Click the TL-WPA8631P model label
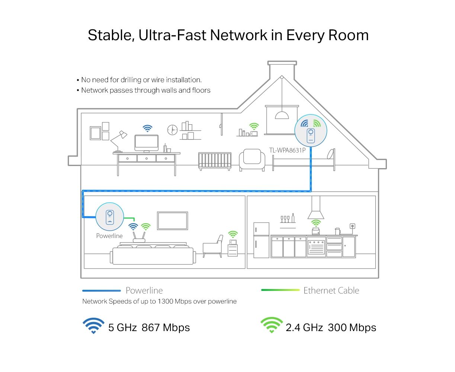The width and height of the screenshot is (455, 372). [x=287, y=150]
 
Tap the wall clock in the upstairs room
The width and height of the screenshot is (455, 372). [x=172, y=130]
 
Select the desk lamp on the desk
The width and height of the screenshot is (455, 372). [x=118, y=141]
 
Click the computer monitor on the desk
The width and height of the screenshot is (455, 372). [x=147, y=144]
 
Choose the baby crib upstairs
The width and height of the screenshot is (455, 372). [x=215, y=161]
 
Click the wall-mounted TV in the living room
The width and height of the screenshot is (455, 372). [x=172, y=221]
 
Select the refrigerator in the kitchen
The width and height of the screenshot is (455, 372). [x=261, y=240]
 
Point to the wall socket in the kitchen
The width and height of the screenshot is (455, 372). [x=352, y=226]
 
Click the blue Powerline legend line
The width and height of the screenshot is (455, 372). [x=102, y=291]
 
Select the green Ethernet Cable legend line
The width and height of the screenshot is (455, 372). [x=280, y=290]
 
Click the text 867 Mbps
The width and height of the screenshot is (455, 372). [x=166, y=327]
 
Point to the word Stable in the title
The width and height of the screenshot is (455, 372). [x=111, y=35]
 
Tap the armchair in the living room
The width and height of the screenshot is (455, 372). [x=213, y=246]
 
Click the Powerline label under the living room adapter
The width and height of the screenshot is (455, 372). [x=109, y=236]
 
